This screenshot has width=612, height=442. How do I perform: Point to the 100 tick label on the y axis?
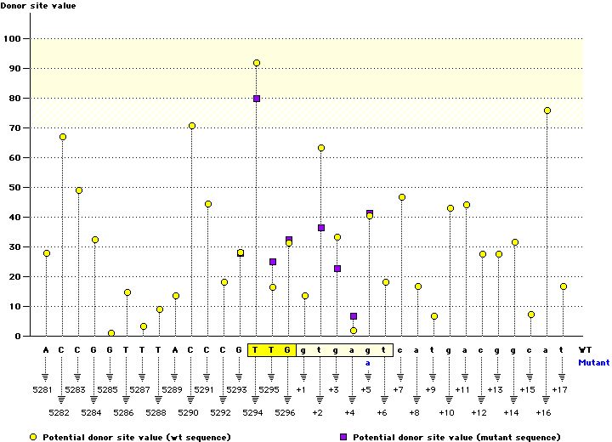coord(14,38)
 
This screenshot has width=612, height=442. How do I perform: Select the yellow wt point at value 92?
coord(257,63)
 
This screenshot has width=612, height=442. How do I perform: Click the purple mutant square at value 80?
coord(257,99)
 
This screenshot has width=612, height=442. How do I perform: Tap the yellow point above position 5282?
coord(63,137)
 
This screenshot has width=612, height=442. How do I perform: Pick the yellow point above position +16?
coord(547,110)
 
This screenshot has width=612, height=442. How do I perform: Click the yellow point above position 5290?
coord(192,126)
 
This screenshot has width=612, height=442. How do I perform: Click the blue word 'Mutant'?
coord(593,362)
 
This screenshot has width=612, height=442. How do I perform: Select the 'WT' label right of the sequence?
coord(585,349)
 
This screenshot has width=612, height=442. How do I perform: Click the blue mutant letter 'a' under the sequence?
coord(369,362)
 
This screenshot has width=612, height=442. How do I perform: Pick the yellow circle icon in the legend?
coord(33,436)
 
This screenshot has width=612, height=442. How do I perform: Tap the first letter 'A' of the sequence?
coord(47,349)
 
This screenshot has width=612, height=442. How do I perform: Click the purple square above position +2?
coord(321,228)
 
